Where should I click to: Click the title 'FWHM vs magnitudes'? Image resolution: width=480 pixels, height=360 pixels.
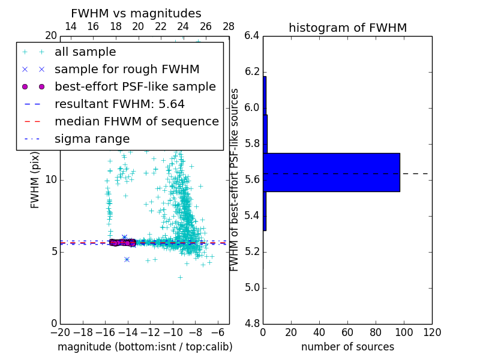[x=136, y=13]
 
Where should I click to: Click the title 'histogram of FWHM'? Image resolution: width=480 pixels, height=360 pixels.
[x=347, y=28]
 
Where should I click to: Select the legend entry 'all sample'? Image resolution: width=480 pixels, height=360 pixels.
[x=85, y=52]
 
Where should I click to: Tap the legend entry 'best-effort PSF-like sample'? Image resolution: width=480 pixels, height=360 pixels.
[x=135, y=87]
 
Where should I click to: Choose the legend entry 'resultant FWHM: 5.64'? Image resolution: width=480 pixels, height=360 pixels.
[x=119, y=104]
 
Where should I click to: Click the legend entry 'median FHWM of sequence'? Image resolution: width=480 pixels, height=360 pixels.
[x=136, y=122]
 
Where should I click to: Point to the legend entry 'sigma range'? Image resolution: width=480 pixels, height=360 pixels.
[x=92, y=139]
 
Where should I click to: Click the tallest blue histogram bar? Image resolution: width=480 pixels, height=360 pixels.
[x=332, y=172]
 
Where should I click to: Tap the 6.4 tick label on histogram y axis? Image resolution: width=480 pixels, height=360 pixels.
[x=252, y=36]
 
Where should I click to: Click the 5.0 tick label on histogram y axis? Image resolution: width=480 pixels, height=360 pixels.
[x=252, y=287]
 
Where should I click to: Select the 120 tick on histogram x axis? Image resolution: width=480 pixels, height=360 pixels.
[x=431, y=332]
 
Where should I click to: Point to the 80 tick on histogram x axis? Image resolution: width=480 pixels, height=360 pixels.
[x=376, y=332]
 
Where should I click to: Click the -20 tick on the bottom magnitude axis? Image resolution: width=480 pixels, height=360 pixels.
[x=59, y=332]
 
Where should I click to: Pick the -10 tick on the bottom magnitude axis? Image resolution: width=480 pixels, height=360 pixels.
[x=173, y=332]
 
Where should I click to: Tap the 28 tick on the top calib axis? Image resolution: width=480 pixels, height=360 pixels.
[x=229, y=26]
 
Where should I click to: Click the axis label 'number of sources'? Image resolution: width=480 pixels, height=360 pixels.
[x=347, y=347]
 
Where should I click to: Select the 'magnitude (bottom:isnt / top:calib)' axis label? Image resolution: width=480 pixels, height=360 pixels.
[x=145, y=347]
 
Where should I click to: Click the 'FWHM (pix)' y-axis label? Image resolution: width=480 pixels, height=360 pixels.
[x=35, y=179]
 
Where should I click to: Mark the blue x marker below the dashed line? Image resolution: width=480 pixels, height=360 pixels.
[x=127, y=259]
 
